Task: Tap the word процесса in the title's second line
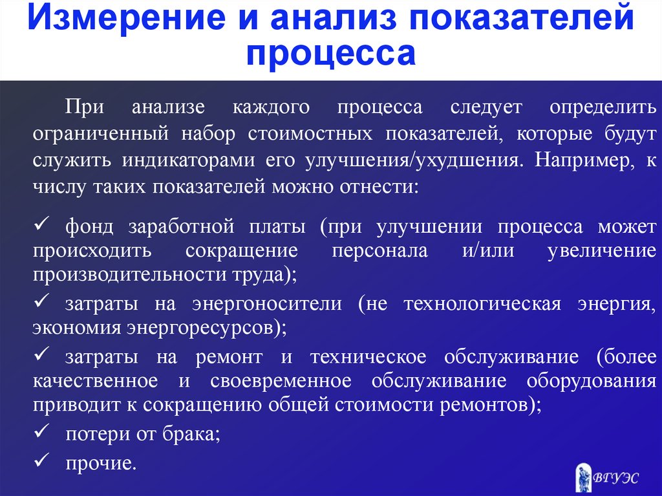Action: (x=331, y=54)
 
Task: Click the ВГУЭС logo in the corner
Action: (x=606, y=477)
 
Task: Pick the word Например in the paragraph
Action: (x=584, y=161)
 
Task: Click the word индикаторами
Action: (x=188, y=161)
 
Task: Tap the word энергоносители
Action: (x=267, y=304)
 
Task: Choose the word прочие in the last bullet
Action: (x=101, y=464)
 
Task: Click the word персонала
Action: (x=379, y=251)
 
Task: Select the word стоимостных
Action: (x=310, y=134)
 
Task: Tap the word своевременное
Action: (x=281, y=381)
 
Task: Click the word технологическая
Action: (x=482, y=304)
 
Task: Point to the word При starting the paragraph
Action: (x=85, y=107)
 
